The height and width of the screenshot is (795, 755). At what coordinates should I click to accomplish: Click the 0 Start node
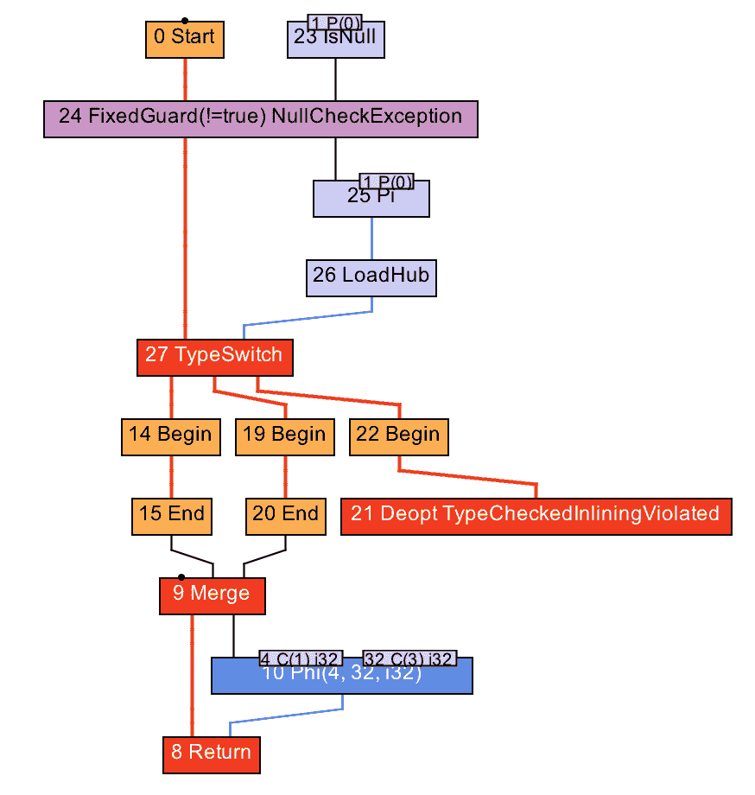point(184,38)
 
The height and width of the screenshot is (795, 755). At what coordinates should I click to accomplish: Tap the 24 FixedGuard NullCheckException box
point(260,118)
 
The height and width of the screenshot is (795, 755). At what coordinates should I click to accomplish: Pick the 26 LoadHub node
point(371,277)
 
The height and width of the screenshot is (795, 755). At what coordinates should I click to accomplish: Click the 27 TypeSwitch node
point(214,357)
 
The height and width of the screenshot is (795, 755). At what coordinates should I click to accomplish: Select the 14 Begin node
point(170,436)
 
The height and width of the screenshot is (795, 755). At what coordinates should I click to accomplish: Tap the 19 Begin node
point(284,436)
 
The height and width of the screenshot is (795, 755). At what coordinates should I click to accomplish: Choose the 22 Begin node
point(398,436)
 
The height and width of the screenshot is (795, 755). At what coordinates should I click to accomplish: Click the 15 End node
point(171,516)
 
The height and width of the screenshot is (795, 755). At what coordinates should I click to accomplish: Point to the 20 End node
point(285,516)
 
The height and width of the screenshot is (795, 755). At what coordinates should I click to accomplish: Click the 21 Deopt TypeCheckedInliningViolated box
point(536,516)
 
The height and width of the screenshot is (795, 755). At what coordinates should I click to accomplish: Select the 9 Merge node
point(212,595)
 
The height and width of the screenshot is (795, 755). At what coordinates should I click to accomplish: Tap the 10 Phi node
point(341,678)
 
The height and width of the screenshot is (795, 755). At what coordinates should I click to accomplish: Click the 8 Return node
point(211,754)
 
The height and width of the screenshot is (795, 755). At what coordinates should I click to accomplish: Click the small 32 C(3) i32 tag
point(409,658)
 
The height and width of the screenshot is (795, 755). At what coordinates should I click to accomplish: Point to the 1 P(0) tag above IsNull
point(334,21)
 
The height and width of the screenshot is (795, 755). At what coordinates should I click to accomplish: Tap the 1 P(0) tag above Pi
point(386,181)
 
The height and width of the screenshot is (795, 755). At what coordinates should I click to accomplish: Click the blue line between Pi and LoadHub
point(372,238)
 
